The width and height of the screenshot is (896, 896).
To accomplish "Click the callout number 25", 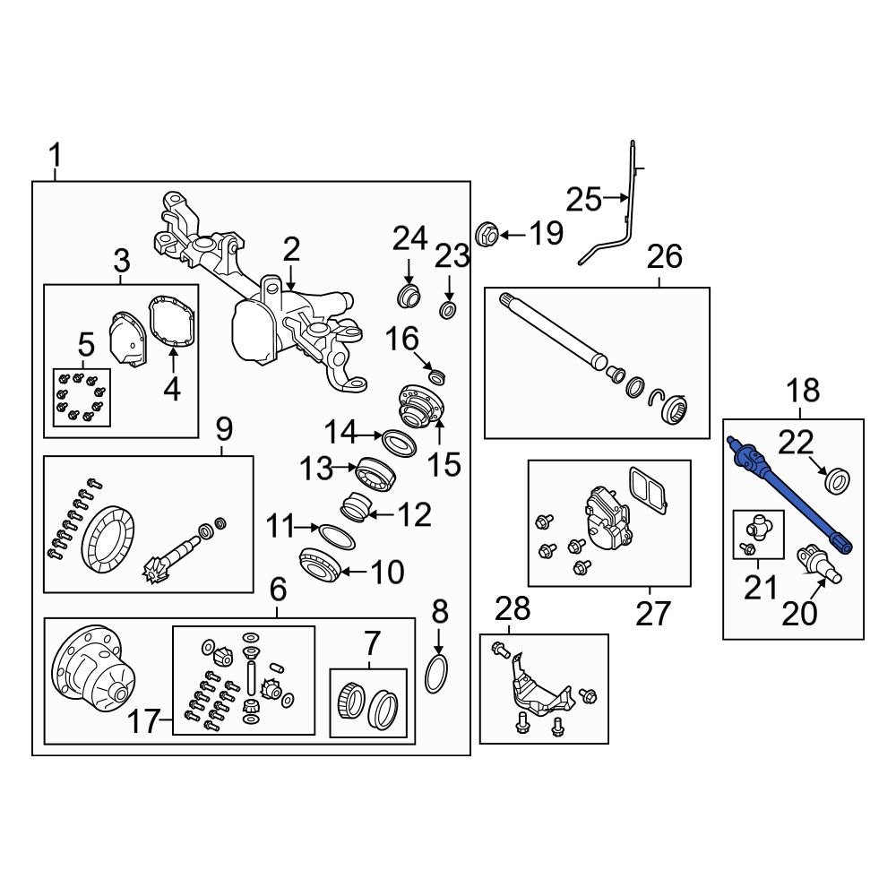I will (x=583, y=199).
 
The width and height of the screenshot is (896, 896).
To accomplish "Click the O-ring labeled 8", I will (x=436, y=673).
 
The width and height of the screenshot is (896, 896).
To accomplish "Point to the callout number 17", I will (x=142, y=721).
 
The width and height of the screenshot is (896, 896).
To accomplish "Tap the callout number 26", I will (x=665, y=257).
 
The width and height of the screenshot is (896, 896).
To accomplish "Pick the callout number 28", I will (x=513, y=609).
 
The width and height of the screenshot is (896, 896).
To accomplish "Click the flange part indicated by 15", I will (x=418, y=405).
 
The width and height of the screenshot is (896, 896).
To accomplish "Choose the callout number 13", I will (x=315, y=467).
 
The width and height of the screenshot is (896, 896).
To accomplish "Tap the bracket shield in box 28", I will (x=536, y=693).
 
